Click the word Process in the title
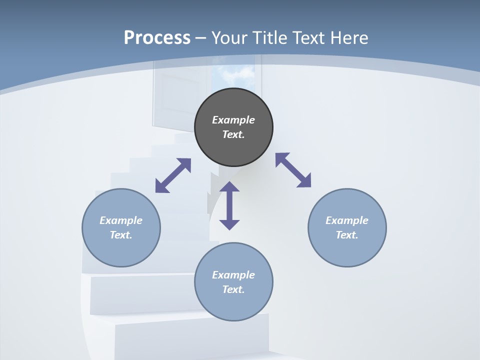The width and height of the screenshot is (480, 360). [157, 38]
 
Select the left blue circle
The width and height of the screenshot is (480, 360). [121, 250]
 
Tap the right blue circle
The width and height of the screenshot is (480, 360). [347, 250]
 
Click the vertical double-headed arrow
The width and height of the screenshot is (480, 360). [229, 205]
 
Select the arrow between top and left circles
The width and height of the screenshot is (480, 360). [173, 175]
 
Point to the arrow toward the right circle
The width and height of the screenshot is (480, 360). [293, 170]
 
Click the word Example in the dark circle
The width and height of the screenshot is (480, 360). [233, 120]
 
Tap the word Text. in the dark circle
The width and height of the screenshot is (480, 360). [233, 134]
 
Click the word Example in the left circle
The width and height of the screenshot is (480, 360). [121, 220]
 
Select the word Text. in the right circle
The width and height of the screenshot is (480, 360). [347, 235]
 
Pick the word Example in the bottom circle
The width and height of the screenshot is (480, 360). [233, 275]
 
